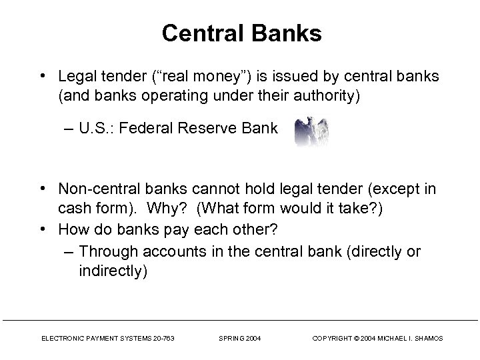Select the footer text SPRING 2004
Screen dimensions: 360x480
[x=240, y=339]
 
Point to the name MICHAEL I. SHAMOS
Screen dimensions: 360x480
[x=410, y=339]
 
